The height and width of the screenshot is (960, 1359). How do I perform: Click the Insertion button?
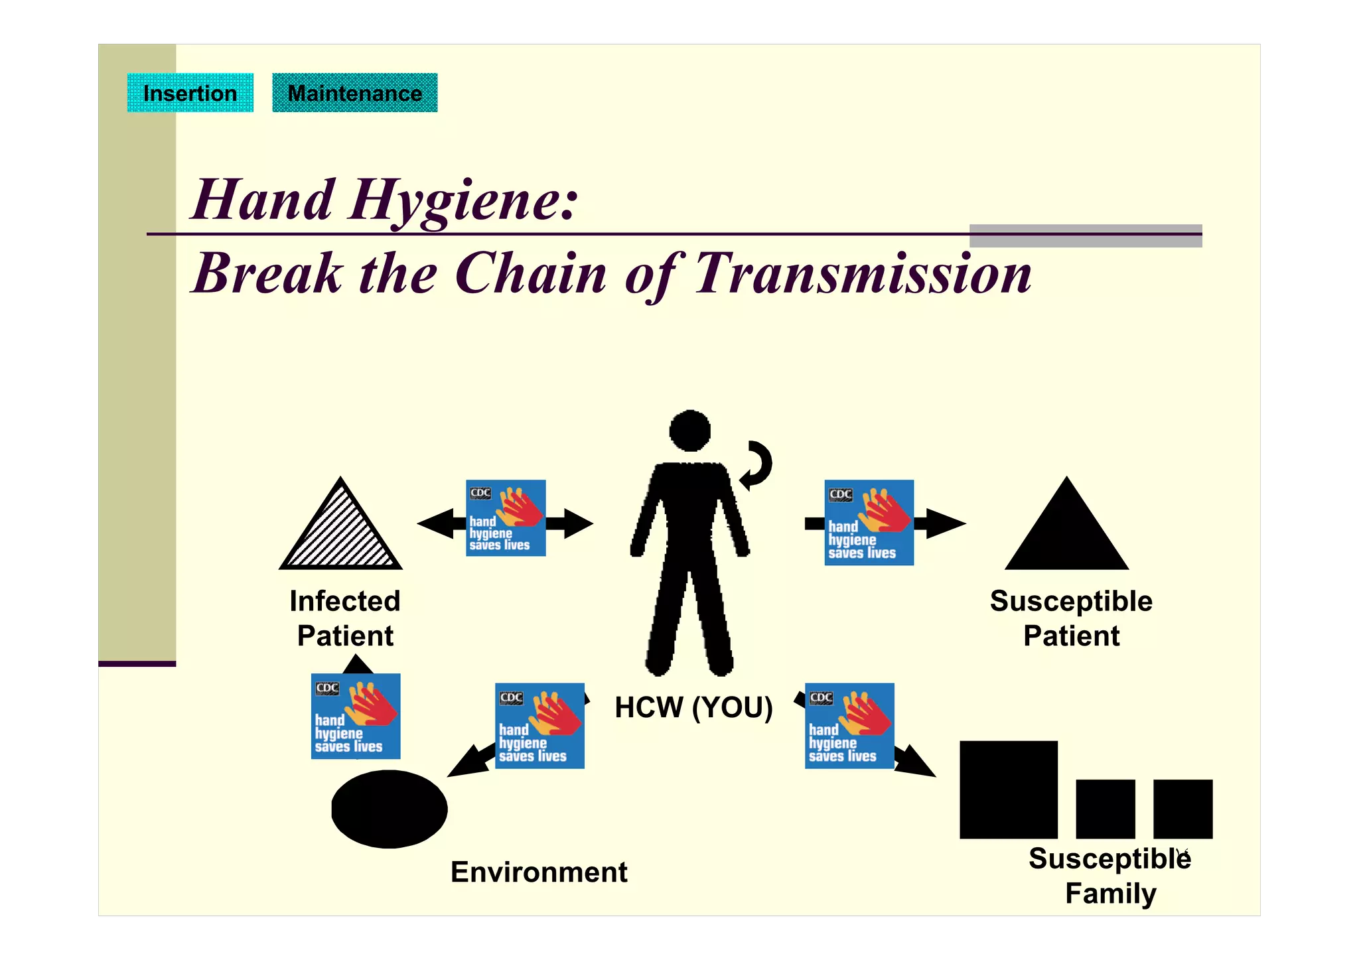click(x=190, y=93)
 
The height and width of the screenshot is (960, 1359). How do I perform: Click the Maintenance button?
click(x=354, y=93)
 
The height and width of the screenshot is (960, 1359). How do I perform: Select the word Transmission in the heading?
click(x=863, y=273)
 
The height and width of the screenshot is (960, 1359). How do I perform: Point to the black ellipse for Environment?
click(x=389, y=809)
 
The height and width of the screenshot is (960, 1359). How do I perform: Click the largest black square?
click(x=1008, y=789)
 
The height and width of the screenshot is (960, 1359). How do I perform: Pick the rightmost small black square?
click(x=1182, y=809)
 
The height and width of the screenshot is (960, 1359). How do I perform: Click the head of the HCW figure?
click(x=690, y=431)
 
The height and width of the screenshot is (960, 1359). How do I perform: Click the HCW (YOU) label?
click(x=693, y=707)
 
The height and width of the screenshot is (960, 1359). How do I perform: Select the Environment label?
click(x=538, y=872)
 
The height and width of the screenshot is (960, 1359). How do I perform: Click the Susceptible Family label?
click(x=1110, y=876)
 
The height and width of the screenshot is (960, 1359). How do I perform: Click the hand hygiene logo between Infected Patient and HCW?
click(x=506, y=517)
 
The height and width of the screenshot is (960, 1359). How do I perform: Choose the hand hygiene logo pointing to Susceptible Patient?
click(x=869, y=523)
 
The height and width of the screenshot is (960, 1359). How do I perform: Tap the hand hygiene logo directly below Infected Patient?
click(x=356, y=716)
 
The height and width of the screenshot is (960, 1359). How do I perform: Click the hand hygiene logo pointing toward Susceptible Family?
click(x=849, y=726)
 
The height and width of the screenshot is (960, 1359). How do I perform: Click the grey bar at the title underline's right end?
click(x=1086, y=236)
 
